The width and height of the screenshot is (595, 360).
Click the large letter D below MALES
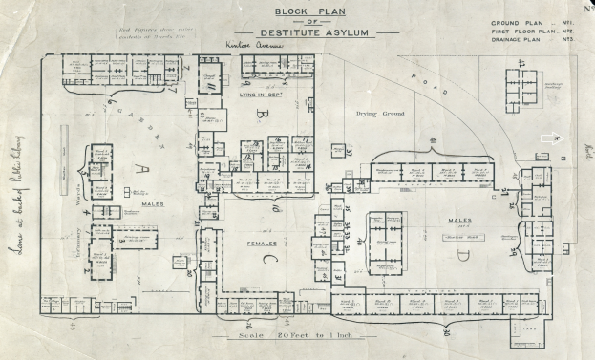(463, 253)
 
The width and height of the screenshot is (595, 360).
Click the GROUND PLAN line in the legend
(525, 21)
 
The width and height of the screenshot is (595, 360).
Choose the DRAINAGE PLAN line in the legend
(525, 40)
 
